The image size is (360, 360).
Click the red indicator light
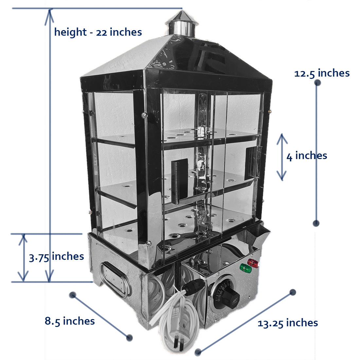(x=253, y=263)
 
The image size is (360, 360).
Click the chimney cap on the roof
(x=181, y=23)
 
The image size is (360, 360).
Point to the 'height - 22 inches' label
(x=98, y=32)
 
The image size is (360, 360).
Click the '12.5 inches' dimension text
(x=322, y=73)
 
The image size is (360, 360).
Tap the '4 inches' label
(x=307, y=156)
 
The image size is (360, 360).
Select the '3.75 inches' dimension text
(x=57, y=257)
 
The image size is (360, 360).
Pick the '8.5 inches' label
(x=70, y=321)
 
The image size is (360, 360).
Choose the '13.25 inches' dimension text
(x=288, y=323)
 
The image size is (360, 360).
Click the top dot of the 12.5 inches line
(x=317, y=83)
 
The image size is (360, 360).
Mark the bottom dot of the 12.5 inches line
(x=316, y=223)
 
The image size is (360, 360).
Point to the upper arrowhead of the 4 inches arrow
(x=282, y=138)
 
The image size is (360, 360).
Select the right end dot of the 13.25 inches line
(x=293, y=292)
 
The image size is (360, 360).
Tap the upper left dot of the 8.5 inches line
(x=73, y=295)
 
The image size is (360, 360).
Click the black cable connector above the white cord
(x=192, y=286)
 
